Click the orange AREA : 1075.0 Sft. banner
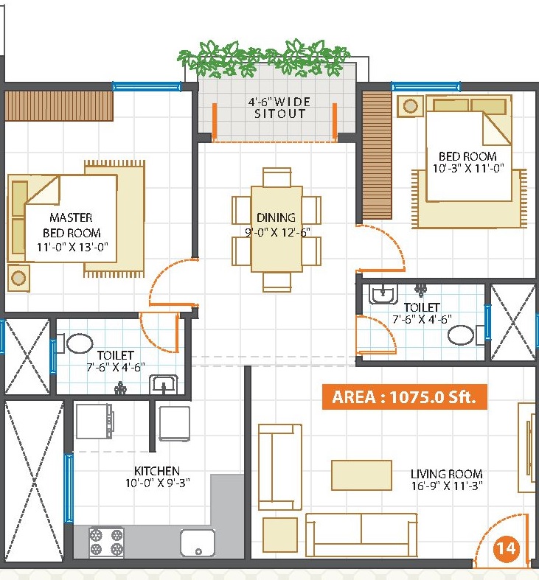tap(405, 397)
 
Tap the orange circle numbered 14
tap(506, 548)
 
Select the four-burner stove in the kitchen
tap(106, 542)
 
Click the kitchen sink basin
tap(198, 542)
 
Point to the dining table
tap(277, 229)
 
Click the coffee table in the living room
tap(361, 475)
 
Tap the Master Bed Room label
tap(72, 225)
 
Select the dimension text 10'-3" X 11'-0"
tap(468, 168)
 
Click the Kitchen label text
tap(157, 471)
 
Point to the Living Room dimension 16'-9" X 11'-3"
tap(447, 486)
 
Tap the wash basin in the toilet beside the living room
tap(383, 294)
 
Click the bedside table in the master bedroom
tap(18, 277)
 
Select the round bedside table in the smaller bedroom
tap(410, 106)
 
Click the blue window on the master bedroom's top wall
tap(147, 87)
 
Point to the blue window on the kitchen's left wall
tap(69, 488)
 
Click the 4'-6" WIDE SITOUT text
tap(279, 108)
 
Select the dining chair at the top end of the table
tap(277, 177)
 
